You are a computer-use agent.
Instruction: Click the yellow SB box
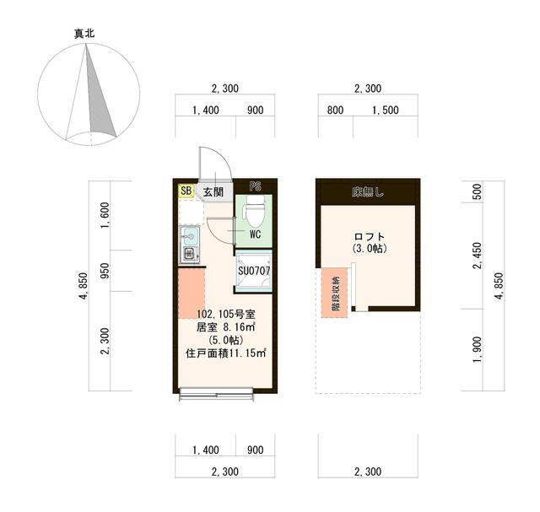186,191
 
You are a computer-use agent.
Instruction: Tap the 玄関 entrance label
213,192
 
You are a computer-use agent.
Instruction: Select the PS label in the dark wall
256,186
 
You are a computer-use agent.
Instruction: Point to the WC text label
255,234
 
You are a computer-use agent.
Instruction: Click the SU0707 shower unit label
254,271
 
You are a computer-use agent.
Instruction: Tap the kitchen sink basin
189,236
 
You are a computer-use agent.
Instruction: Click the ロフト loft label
370,236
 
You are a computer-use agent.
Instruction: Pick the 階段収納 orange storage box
334,293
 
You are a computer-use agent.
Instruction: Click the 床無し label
368,191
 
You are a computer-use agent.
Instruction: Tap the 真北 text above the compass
84,34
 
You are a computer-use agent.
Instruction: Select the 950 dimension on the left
105,271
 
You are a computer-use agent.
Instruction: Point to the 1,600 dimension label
105,215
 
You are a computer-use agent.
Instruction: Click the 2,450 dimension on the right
478,256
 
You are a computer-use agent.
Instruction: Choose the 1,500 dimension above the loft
386,110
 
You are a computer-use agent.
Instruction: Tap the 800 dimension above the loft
335,110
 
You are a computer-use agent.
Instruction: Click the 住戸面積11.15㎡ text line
226,353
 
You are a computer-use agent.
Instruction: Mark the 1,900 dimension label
478,349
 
